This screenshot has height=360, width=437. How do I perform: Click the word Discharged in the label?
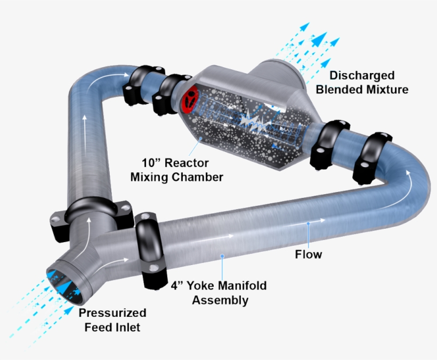[362, 75]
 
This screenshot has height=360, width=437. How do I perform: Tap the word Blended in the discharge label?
[338, 89]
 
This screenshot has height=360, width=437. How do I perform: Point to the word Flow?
[309, 254]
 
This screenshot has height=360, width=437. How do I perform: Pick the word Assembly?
[220, 300]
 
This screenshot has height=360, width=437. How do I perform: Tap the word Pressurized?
[112, 313]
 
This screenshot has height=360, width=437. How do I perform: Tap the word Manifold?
[240, 286]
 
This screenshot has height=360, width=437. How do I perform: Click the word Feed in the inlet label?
[99, 327]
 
